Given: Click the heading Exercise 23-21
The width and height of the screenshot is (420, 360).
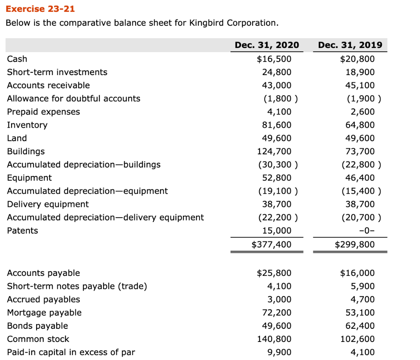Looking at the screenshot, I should pos(34,9).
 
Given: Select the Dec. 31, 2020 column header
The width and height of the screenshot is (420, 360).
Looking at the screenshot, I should pos(267,45).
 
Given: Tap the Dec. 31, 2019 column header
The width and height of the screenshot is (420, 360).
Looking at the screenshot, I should pos(350,45).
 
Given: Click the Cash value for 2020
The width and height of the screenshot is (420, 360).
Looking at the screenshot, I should pos(274,59).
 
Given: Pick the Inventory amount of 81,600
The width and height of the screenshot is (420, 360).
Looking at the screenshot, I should pos(276,125).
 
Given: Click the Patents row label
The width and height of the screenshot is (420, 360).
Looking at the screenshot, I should pos(23,231).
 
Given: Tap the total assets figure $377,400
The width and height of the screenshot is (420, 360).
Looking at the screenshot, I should pos(271,245).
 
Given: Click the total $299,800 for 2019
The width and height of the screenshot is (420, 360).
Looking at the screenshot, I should pos(355,245).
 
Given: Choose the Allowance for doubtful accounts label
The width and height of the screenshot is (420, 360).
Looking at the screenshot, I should pos(73,99).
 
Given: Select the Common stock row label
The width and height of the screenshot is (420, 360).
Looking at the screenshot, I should pos(38,339).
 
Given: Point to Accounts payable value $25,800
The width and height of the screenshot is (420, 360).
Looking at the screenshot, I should pos(274,273).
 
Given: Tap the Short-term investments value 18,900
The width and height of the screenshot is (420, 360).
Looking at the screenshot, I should pos(361,72).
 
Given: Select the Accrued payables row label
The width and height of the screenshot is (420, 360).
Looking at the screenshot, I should pos(43,300).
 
